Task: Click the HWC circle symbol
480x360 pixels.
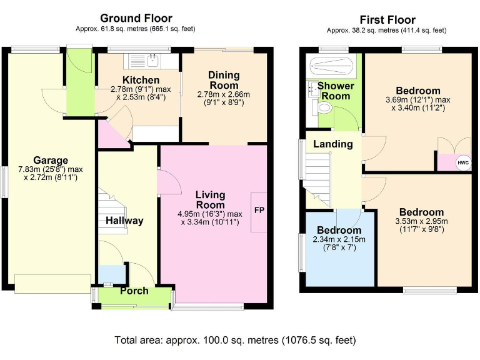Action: (463, 162)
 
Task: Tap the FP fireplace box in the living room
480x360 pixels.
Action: (259, 212)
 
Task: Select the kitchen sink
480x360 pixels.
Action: (152, 61)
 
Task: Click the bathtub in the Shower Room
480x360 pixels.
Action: (332, 65)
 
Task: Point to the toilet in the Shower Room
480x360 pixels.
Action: (325, 107)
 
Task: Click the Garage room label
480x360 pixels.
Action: (51, 160)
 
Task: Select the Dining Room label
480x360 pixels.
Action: (224, 80)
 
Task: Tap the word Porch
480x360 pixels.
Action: (134, 291)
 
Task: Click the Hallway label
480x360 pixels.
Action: (124, 221)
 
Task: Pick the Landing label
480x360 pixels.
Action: (332, 144)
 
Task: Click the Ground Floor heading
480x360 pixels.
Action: (136, 18)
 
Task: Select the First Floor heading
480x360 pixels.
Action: (387, 20)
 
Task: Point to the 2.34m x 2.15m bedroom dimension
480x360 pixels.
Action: (339, 239)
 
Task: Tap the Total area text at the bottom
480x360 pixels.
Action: (235, 340)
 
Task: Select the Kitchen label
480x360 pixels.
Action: (141, 80)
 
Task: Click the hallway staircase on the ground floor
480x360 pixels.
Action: (112, 212)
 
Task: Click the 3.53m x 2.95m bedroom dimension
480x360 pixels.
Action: (421, 221)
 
